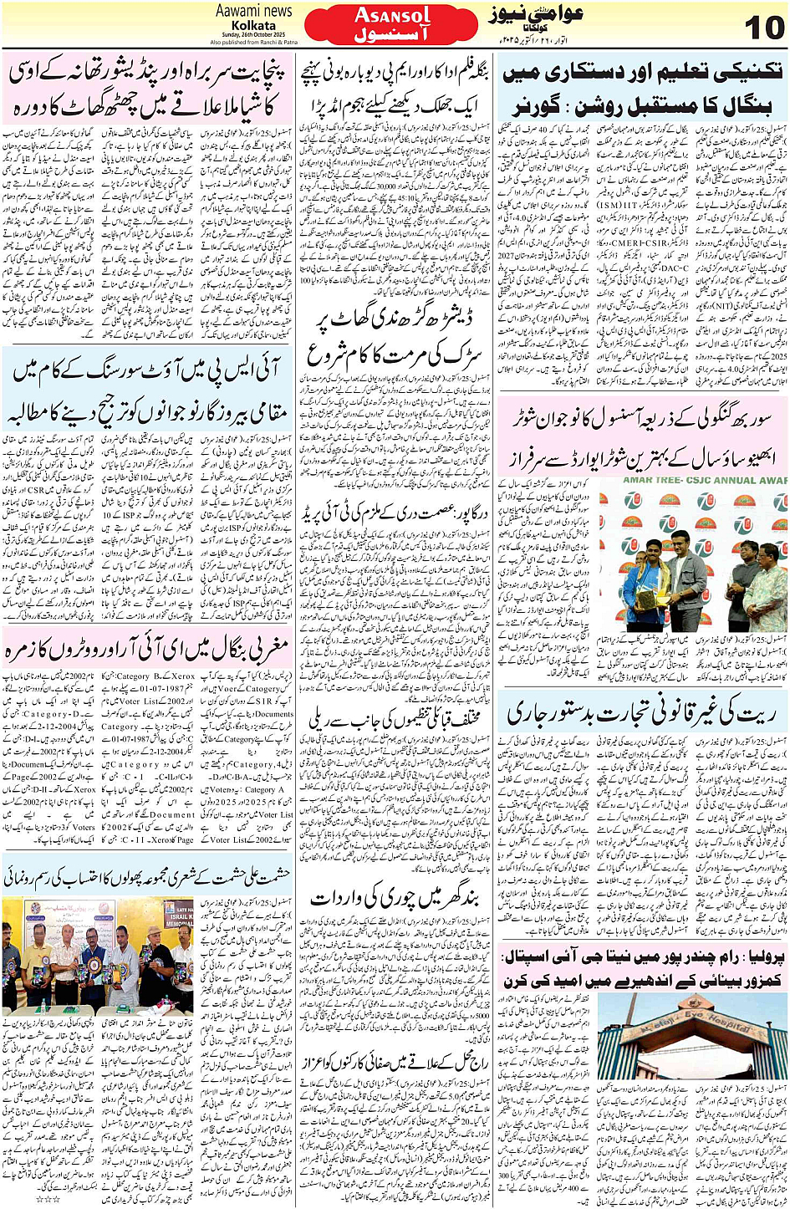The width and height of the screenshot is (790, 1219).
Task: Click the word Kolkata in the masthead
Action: (x=253, y=25)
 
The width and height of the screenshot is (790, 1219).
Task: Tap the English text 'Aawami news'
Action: (x=253, y=11)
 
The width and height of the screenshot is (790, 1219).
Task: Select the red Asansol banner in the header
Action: (x=391, y=25)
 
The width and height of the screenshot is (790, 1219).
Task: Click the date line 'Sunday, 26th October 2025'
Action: (x=252, y=34)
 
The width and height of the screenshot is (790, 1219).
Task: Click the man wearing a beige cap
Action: (x=155, y=953)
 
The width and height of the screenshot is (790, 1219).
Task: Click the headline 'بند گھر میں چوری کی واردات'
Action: (x=394, y=898)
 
